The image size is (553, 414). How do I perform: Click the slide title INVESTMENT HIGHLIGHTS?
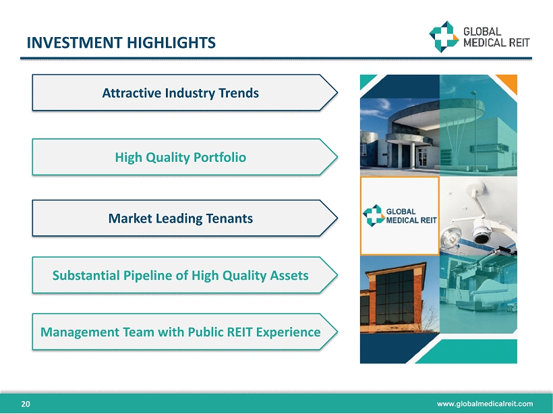tap(121, 42)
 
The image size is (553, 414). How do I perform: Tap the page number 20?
tap(26, 404)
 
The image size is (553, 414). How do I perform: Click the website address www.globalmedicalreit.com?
tap(485, 404)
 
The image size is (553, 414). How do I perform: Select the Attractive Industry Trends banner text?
tap(180, 93)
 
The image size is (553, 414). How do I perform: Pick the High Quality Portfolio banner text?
tap(181, 157)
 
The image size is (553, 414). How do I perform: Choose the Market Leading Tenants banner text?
tap(180, 218)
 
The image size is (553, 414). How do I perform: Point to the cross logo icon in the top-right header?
tap(444, 36)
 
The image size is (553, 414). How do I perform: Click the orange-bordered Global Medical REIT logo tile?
tap(400, 216)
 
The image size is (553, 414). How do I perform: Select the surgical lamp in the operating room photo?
tap(480, 231)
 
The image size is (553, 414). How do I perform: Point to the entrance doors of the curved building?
tap(421, 157)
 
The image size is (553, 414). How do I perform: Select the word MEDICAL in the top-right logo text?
tap(479, 42)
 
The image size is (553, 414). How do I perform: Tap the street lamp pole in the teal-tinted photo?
tap(475, 131)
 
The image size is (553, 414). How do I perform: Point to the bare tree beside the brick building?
tap(429, 317)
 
